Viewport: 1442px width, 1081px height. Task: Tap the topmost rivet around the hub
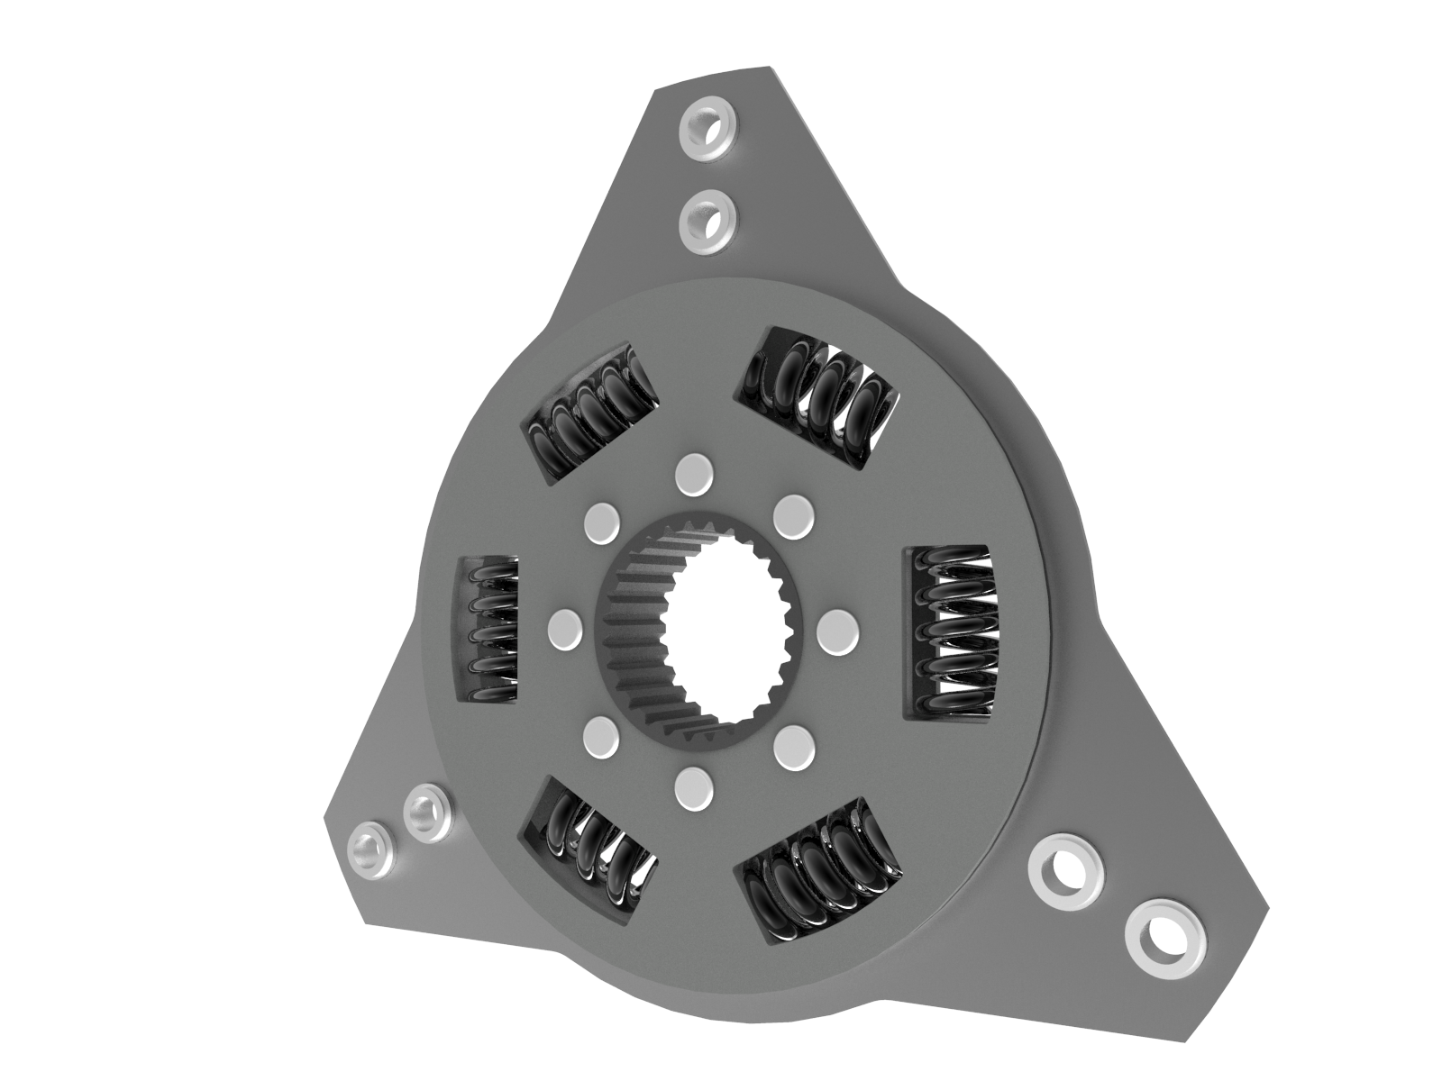click(693, 475)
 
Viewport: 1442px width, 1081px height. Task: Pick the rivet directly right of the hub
click(838, 630)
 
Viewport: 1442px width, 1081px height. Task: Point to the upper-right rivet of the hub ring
click(793, 513)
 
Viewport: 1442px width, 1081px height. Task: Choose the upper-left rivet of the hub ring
click(603, 523)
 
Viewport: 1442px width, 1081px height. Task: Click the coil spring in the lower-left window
click(590, 847)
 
